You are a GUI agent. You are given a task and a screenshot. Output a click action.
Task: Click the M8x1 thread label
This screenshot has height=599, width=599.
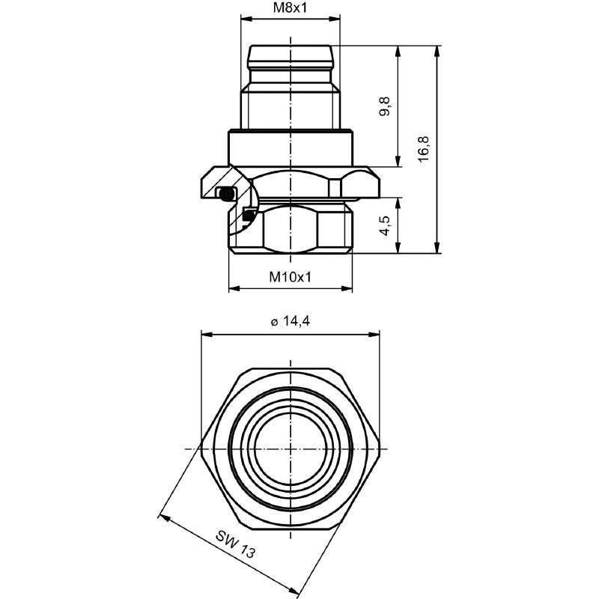click(290, 8)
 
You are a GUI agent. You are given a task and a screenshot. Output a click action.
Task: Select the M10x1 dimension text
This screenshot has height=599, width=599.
click(291, 276)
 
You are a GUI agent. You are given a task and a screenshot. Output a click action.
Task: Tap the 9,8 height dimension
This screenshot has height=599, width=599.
click(384, 106)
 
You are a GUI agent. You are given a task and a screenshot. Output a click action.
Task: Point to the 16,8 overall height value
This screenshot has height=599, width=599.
click(423, 149)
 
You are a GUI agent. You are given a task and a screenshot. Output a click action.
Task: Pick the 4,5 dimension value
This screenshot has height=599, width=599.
click(384, 226)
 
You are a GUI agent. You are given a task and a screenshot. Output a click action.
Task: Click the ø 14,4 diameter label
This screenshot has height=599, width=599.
click(291, 322)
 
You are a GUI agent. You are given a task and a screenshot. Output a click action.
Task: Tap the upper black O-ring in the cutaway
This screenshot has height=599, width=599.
click(227, 193)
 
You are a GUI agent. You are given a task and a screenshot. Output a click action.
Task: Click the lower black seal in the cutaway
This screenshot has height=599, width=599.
click(249, 215)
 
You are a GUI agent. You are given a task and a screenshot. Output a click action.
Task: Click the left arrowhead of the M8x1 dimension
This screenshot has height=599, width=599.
click(246, 17)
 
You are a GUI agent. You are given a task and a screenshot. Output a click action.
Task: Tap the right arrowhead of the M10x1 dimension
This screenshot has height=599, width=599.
click(347, 288)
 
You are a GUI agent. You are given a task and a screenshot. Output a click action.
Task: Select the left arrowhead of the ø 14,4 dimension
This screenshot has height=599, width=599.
click(207, 335)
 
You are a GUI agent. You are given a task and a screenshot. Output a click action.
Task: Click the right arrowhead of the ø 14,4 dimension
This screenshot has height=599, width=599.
click(374, 335)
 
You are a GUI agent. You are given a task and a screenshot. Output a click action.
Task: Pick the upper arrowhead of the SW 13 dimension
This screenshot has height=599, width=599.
click(164, 517)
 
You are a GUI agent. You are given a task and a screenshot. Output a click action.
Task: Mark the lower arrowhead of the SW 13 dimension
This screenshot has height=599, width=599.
click(294, 592)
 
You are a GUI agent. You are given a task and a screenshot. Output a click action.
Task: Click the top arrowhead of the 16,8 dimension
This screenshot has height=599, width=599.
click(437, 51)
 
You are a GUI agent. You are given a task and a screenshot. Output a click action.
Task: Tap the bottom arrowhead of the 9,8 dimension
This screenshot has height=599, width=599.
click(398, 162)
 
